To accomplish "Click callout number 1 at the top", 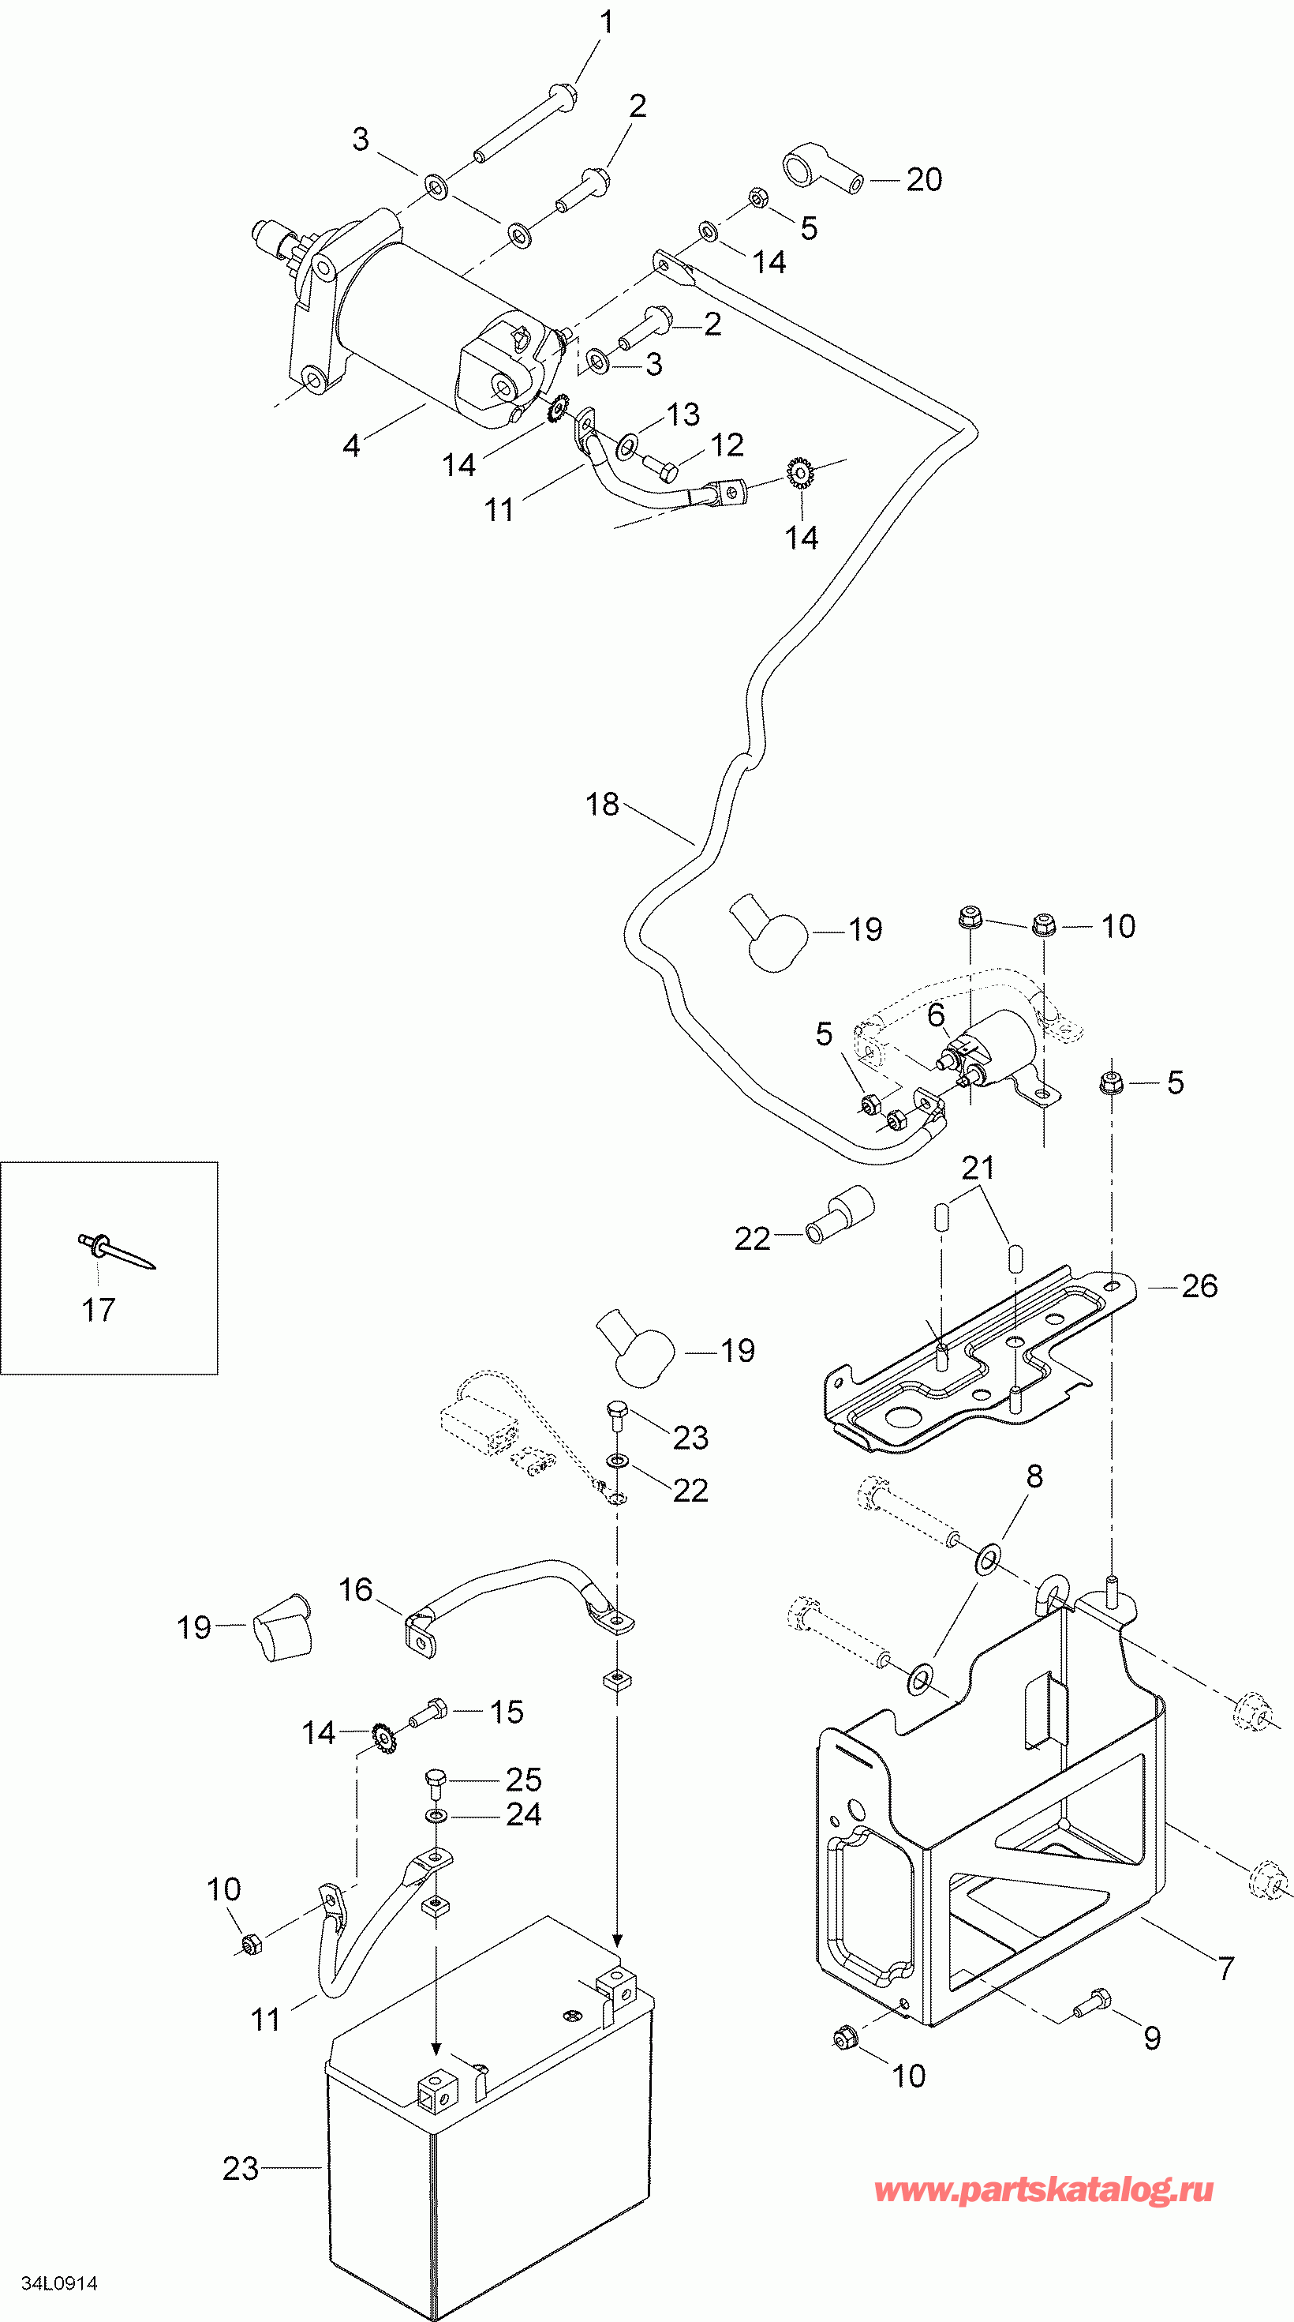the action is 608,21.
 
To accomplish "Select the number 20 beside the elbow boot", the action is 924,179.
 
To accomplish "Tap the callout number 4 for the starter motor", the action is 351,445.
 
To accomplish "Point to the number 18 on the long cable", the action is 602,804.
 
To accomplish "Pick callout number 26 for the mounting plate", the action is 1199,1286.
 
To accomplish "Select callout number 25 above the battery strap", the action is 524,1780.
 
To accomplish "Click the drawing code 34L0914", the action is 59,2283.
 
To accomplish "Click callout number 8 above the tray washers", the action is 1034,1476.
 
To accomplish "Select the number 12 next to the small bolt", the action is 727,445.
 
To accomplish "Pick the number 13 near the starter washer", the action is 683,415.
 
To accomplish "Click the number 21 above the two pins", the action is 978,1169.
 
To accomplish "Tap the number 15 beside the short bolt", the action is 507,1712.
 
